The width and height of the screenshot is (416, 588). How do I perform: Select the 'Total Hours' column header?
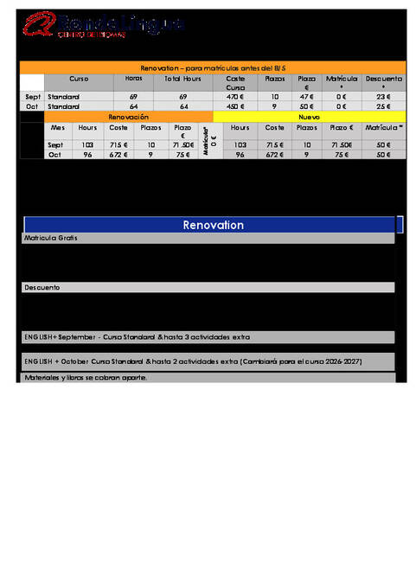coord(182,79)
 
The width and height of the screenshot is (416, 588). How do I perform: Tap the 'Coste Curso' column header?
coord(235,83)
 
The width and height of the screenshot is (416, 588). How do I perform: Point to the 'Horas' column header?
coord(133,79)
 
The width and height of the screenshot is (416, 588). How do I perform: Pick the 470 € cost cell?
coord(235,97)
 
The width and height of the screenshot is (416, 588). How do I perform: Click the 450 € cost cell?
coord(235,106)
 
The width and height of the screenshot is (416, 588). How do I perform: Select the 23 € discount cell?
coord(383,97)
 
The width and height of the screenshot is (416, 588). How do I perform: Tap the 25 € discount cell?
coord(383,106)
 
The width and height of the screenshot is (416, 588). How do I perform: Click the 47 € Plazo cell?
coord(306,97)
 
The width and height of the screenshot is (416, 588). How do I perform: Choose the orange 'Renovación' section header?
coord(129,116)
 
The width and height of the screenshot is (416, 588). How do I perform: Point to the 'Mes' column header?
coord(58,127)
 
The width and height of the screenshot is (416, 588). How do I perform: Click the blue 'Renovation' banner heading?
coord(213,225)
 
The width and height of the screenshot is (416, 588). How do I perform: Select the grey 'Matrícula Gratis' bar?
coord(208,238)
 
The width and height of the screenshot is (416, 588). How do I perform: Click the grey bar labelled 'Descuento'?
coord(208,287)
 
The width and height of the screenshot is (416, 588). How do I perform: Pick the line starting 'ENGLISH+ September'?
coord(138,336)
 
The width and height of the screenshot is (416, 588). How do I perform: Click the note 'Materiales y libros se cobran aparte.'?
coord(86,378)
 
